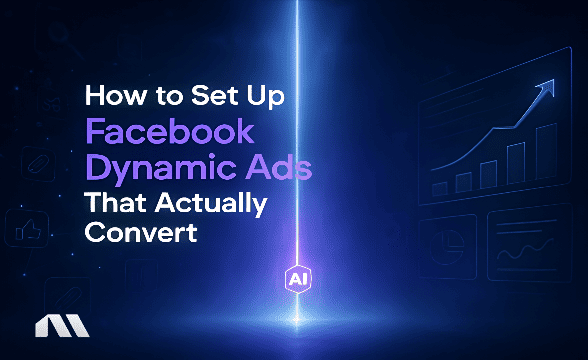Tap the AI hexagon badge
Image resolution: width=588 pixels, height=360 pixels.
296,281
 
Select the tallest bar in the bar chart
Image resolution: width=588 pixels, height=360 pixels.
541,160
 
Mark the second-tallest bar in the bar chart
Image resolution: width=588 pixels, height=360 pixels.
515,167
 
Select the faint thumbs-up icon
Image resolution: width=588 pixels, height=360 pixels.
25,226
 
